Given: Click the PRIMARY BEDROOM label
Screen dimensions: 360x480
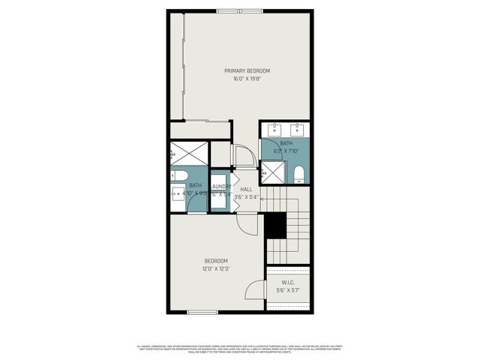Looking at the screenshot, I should tap(247, 70).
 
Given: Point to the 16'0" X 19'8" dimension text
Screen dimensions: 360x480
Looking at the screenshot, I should tap(247, 78).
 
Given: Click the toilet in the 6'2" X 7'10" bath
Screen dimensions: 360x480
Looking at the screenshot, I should tap(299, 174).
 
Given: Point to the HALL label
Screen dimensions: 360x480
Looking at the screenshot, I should tap(246, 190).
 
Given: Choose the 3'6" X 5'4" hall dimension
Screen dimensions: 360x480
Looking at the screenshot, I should tap(246, 197).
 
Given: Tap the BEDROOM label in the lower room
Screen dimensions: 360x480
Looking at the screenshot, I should tap(215, 261).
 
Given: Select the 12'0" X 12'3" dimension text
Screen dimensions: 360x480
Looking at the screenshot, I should tap(215, 268).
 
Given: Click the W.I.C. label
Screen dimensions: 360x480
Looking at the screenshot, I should tap(288, 283).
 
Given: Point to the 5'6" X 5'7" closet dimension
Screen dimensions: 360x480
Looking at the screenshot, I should tap(288, 290).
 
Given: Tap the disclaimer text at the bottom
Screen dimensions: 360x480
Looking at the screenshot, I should tap(240, 349).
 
